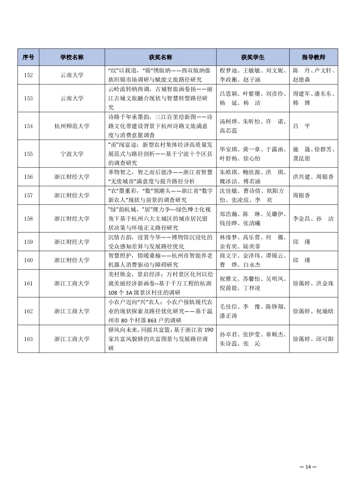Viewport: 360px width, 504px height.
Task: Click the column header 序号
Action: [x=28, y=57]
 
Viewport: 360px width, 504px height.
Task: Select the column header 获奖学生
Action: [x=253, y=57]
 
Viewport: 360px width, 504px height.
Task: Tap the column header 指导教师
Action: [x=314, y=57]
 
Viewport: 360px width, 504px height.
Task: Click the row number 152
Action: [x=28, y=75]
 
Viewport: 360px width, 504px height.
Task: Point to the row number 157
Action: [x=28, y=195]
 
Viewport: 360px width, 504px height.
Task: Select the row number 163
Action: [x=28, y=339]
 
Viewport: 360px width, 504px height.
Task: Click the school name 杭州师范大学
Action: [x=72, y=126]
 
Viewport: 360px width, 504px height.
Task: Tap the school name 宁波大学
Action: [x=72, y=154]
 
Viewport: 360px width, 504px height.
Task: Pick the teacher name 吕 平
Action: [x=302, y=126]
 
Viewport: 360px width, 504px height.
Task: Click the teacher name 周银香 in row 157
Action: [x=302, y=195]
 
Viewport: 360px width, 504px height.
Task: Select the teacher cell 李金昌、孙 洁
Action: [x=313, y=219]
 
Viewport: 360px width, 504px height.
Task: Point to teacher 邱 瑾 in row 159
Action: [x=302, y=242]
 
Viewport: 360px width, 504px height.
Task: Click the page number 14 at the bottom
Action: [x=308, y=467]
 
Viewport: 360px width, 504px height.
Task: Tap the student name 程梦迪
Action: [x=229, y=70]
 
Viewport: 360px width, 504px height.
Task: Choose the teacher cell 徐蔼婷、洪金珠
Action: [x=313, y=283]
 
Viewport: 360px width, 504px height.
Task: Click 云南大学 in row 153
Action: [x=72, y=98]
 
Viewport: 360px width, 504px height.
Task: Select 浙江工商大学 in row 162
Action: [x=72, y=311]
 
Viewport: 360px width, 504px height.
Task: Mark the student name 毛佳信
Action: [x=229, y=307]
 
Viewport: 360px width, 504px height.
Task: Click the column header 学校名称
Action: [x=72, y=57]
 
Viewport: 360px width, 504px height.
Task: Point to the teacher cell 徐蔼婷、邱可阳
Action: [x=313, y=339]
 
